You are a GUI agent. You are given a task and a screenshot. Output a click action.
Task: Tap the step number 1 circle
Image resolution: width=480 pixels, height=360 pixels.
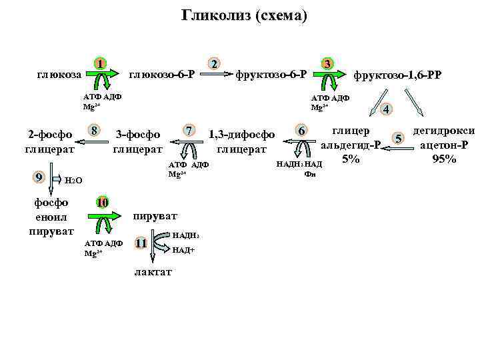(x=99, y=64)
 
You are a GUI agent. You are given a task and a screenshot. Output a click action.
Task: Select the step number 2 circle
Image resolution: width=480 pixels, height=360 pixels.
(x=213, y=64)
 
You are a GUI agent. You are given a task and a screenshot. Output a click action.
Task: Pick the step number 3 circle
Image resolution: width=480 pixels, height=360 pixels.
(x=327, y=64)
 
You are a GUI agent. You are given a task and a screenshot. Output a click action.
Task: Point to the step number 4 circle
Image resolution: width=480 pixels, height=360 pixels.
(x=387, y=109)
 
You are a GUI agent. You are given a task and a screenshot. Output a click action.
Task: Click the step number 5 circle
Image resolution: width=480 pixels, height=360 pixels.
(x=398, y=138)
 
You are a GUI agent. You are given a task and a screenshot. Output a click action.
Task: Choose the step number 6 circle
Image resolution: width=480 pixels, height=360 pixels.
(x=302, y=131)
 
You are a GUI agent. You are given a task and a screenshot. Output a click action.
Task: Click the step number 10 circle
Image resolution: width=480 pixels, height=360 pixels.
(x=102, y=202)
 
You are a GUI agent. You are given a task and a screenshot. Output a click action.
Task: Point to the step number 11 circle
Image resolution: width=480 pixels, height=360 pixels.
(x=141, y=243)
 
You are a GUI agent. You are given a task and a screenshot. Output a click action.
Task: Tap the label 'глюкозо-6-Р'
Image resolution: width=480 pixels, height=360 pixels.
(x=161, y=73)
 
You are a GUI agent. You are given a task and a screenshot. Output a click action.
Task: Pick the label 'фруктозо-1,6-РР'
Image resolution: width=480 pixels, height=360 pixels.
(x=397, y=75)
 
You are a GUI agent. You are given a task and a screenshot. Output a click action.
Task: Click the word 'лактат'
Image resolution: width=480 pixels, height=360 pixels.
(x=153, y=271)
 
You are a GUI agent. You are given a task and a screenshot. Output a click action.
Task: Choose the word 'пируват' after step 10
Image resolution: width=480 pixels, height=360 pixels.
(x=155, y=217)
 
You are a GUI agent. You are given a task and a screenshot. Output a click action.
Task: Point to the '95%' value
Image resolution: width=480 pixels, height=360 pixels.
(x=444, y=159)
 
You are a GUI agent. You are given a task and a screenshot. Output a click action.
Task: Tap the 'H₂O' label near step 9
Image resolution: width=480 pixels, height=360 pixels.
(x=73, y=181)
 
